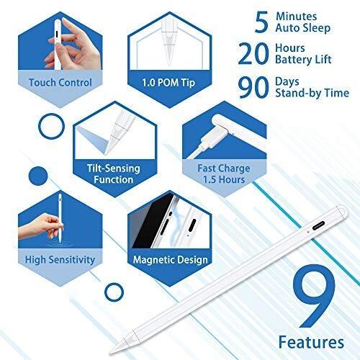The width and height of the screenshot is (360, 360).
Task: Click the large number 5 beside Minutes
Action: (261, 22)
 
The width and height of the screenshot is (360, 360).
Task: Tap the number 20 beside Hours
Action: (253, 53)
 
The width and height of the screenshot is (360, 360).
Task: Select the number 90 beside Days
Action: (253, 87)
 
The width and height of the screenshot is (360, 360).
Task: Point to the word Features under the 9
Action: (311, 342)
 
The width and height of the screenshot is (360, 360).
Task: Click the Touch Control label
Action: (60, 83)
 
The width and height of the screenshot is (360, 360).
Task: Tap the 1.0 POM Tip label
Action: (168, 83)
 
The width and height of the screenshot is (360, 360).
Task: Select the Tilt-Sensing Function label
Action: (114, 174)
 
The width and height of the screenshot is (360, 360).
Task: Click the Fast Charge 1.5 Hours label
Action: (224, 174)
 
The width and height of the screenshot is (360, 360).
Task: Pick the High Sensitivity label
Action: (60, 260)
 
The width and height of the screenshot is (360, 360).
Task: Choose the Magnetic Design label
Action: (170, 260)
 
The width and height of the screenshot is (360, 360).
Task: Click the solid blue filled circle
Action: (38, 176)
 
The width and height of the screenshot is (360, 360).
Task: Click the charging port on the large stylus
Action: (319, 225)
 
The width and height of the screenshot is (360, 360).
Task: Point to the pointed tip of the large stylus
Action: (111, 353)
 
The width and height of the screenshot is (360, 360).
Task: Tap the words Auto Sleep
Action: (303, 28)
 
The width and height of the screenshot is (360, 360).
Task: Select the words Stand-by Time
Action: (312, 93)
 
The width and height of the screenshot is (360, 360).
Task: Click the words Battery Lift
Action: (303, 60)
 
